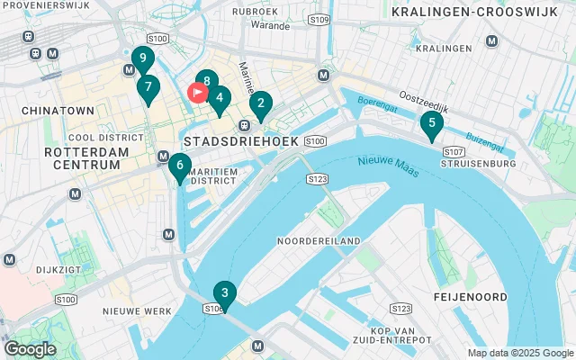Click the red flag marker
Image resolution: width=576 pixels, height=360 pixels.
point(196,92)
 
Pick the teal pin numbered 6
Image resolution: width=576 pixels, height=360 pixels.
point(180,166)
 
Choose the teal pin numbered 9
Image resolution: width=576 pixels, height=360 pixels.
point(142,59)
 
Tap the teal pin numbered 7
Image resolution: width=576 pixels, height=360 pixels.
point(148,88)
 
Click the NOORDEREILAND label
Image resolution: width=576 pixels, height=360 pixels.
point(319,241)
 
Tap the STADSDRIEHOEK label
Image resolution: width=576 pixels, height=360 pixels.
point(235,142)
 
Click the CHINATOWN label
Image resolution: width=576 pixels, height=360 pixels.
point(61,110)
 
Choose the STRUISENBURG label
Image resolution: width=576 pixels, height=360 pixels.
point(478,165)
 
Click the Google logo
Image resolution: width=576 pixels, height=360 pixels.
point(31,348)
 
